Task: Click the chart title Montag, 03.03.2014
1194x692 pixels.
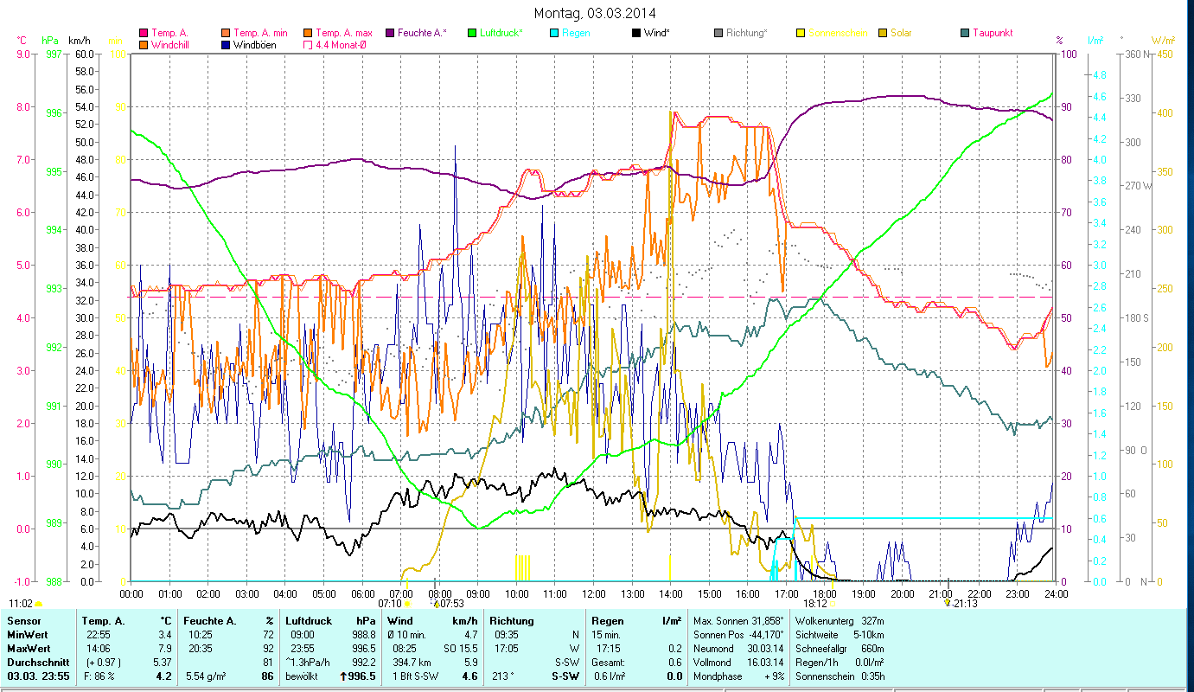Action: (595, 13)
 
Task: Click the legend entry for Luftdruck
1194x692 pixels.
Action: (501, 33)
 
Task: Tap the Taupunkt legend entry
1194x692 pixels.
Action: (992, 33)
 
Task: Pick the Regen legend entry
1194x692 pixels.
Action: (577, 33)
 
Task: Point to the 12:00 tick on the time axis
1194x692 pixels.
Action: (593, 594)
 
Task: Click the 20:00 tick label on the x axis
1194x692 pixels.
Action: (902, 594)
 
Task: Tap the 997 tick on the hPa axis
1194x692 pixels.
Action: (54, 54)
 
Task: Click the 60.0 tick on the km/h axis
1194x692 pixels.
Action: (85, 54)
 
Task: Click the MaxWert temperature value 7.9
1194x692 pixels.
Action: (165, 649)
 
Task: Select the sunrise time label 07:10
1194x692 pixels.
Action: (391, 603)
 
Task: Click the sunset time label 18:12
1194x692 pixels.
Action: (815, 603)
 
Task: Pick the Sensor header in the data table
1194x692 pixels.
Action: (23, 621)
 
